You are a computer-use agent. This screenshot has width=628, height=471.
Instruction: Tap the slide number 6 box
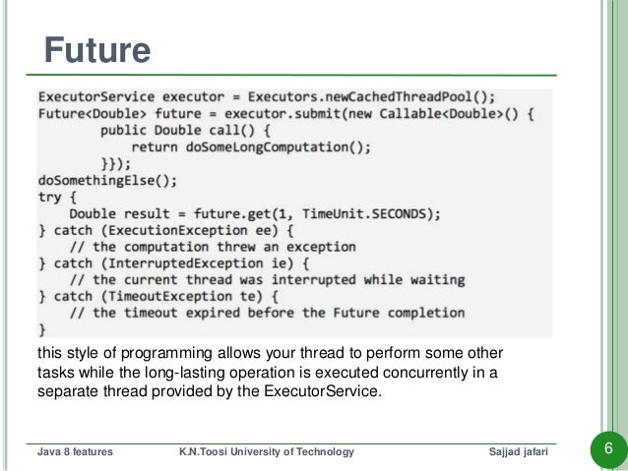point(606,450)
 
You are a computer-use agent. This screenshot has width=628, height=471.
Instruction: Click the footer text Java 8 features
point(74,450)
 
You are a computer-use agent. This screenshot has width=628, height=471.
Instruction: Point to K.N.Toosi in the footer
point(201,450)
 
